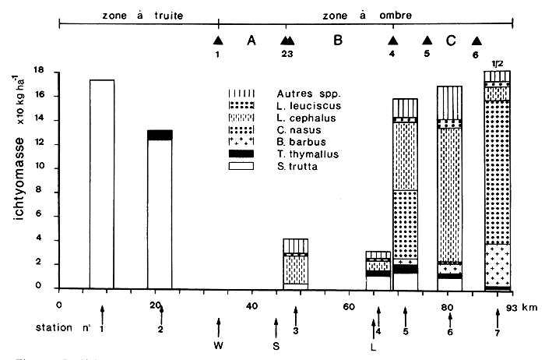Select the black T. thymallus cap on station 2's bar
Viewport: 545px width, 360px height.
(160, 135)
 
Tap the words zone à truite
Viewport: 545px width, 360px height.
(130, 15)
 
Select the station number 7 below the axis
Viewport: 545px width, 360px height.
(498, 332)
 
